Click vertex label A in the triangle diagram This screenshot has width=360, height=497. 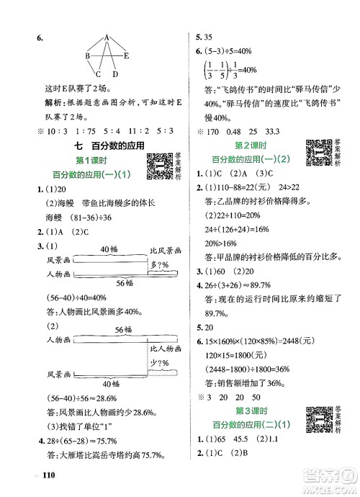click(106, 37)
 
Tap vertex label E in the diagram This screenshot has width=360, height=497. click(127, 55)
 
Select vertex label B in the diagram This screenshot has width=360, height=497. click(87, 55)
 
